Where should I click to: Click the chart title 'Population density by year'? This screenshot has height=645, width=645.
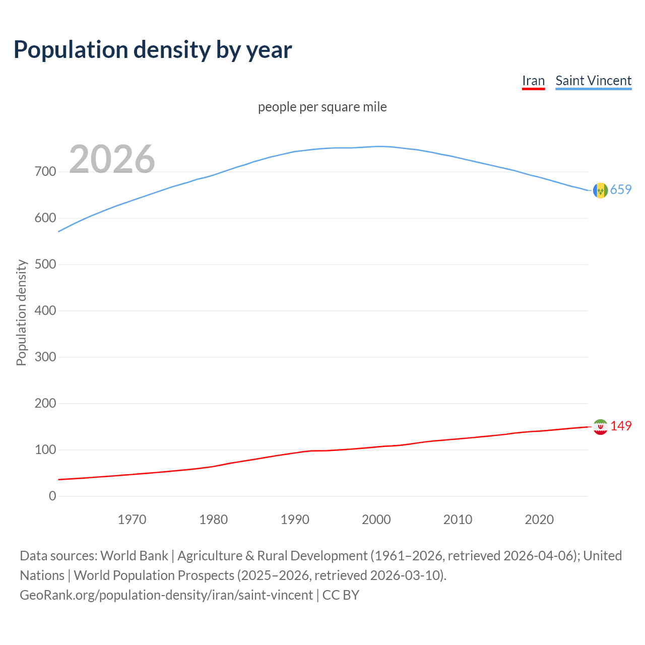(153, 50)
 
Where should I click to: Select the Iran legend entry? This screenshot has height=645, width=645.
(533, 81)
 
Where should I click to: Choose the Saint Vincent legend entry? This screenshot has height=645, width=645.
(593, 81)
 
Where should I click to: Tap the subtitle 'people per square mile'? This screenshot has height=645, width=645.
(322, 107)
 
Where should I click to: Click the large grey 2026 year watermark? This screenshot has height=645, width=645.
(112, 159)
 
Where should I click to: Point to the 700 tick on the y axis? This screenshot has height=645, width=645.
(45, 172)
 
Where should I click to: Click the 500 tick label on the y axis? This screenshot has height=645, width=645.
(45, 265)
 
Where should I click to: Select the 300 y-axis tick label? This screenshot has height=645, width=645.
(45, 357)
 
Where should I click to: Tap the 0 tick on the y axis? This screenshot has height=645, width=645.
(52, 496)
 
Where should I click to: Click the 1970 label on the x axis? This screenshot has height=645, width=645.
(132, 520)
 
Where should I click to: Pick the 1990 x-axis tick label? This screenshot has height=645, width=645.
(295, 520)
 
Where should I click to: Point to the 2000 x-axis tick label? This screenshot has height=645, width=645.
(376, 520)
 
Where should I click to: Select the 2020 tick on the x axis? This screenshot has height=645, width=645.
(539, 520)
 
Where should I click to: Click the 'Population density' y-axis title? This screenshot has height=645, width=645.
(21, 312)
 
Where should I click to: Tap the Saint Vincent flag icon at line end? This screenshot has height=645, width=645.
(600, 190)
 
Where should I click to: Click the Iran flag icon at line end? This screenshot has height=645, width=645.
(600, 427)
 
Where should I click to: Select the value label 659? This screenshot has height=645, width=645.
(621, 190)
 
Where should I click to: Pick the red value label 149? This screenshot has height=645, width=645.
(621, 426)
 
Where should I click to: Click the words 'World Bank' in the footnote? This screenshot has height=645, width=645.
(134, 556)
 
